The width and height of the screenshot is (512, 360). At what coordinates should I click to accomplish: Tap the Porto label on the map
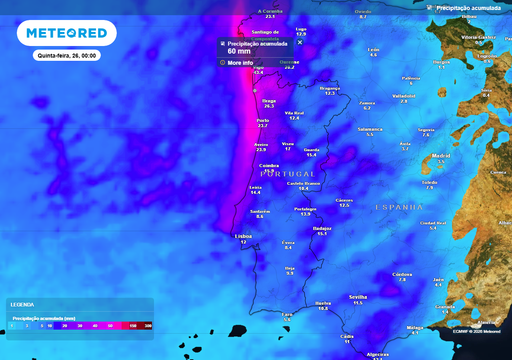coord(262,119)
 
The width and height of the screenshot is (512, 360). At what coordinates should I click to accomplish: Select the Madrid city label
coord(439,156)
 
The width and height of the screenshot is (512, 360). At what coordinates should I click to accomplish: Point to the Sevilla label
coord(357,297)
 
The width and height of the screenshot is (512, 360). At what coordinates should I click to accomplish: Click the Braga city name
coord(268,100)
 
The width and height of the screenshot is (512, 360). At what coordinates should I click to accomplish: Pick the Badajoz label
coord(322,228)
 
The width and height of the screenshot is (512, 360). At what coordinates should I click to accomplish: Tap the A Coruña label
coord(269,11)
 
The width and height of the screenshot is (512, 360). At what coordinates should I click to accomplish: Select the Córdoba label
coord(403,273)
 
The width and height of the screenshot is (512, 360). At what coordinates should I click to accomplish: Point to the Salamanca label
coord(370,128)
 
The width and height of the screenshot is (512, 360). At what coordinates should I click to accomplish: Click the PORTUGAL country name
coord(273,174)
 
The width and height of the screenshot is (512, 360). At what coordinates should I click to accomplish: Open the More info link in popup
coord(240,62)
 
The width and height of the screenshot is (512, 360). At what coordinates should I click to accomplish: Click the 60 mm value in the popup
coord(240,52)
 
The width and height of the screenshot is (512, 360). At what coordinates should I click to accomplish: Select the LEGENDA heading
coord(22,304)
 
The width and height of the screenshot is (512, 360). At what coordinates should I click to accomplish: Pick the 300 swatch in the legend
coord(147,324)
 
